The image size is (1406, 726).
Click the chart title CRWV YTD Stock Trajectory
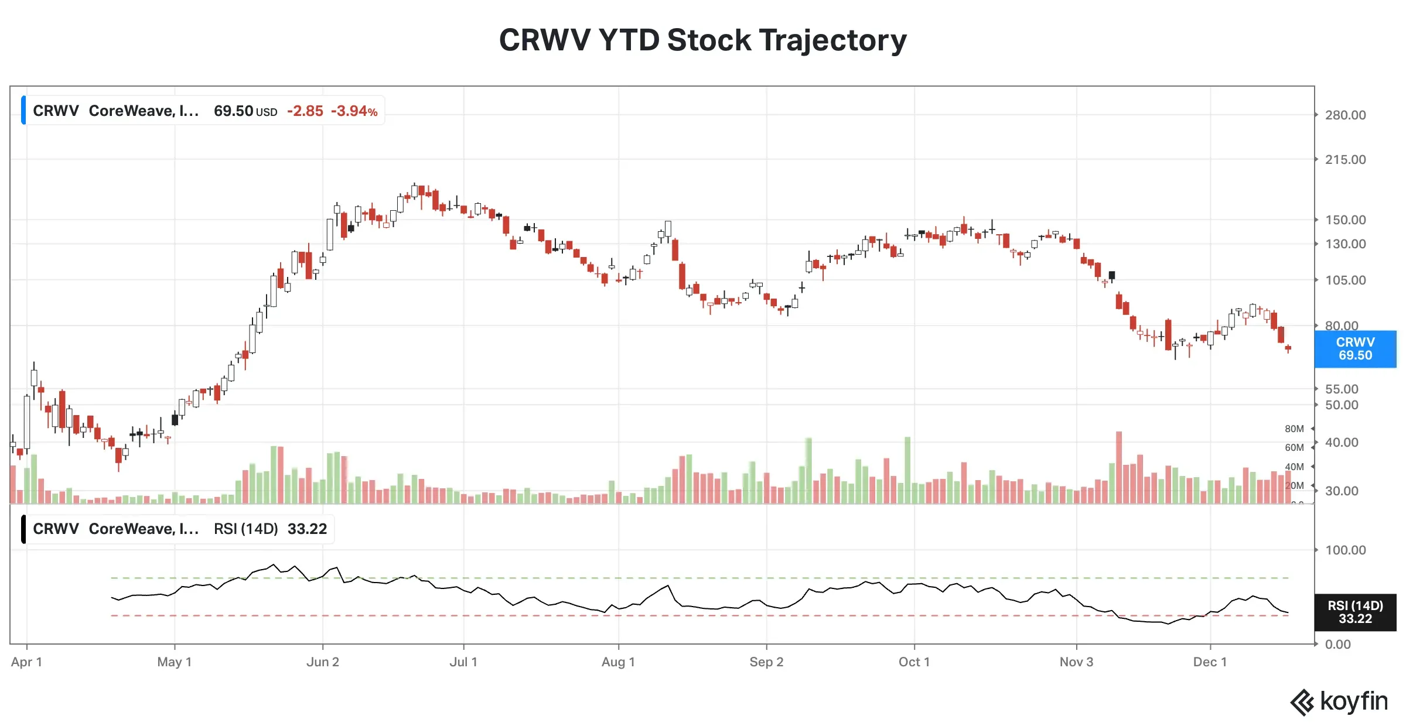[x=702, y=40]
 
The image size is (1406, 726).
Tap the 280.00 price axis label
[x=1345, y=115]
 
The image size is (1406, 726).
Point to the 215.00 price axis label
[x=1345, y=160]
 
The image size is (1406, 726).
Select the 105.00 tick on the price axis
[x=1345, y=280]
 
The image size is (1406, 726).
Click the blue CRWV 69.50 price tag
[x=1354, y=349]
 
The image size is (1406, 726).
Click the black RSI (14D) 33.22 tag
[x=1354, y=612]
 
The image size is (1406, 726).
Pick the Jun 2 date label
[x=322, y=662]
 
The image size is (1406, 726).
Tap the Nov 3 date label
[x=1076, y=662]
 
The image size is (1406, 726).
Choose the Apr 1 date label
[x=26, y=662]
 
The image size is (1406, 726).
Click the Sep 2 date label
[x=766, y=662]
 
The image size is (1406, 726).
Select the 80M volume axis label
[x=1294, y=429]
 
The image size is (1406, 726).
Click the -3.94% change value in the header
[x=354, y=111]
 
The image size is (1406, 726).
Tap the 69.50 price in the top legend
[x=233, y=111]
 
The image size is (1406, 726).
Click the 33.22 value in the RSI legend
[x=307, y=529]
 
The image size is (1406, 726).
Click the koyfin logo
[x=1339, y=701]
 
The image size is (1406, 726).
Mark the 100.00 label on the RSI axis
[x=1345, y=550]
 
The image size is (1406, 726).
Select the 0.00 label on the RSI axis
[x=1337, y=645]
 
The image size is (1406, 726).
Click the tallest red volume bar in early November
[x=1118, y=468]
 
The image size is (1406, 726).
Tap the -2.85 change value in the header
[x=305, y=111]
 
